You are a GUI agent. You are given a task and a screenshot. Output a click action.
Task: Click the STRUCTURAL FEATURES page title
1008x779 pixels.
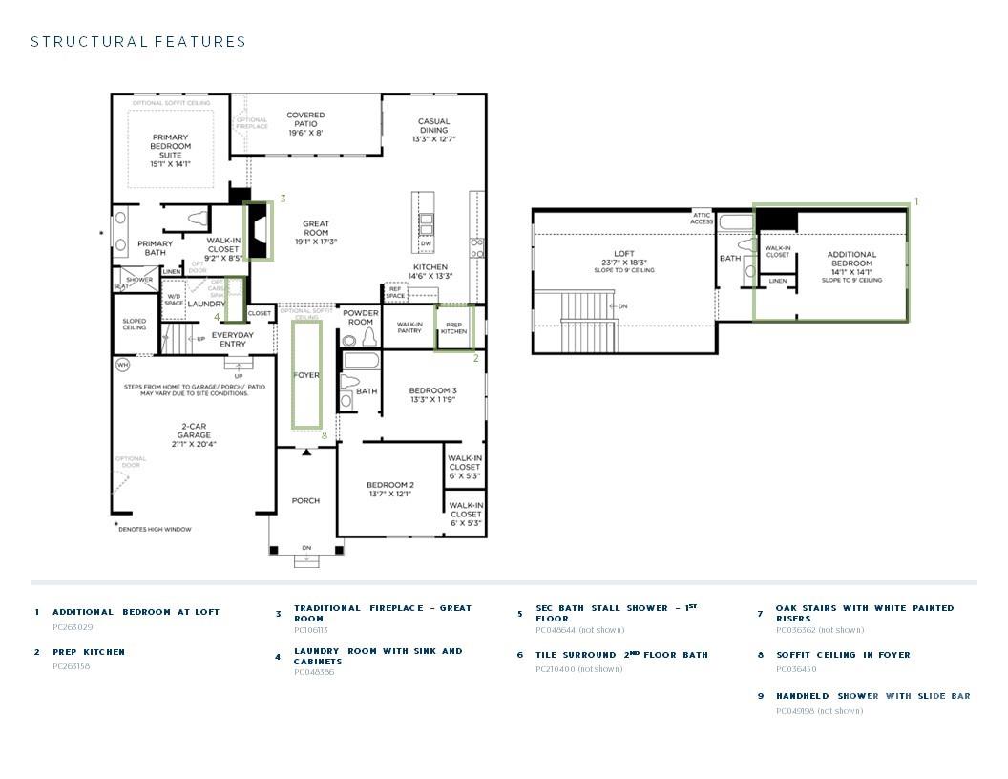click(138, 42)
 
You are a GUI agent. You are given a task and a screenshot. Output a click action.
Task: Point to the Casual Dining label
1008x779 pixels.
click(433, 130)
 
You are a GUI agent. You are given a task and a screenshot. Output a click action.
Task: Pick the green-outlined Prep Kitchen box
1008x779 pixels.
click(454, 327)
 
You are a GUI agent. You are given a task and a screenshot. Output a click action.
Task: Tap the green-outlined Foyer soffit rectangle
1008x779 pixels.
click(306, 374)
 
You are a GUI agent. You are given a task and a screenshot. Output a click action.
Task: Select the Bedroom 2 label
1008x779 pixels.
click(390, 489)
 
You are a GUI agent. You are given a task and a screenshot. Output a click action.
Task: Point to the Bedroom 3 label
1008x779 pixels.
click(432, 395)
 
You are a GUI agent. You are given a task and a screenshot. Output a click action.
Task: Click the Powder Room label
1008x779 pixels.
click(360, 318)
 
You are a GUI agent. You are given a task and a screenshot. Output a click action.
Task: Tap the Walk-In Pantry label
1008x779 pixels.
click(409, 327)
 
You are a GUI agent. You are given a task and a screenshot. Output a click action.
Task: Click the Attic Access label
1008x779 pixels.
click(702, 219)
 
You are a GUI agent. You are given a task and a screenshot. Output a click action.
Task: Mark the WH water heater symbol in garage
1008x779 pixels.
click(122, 365)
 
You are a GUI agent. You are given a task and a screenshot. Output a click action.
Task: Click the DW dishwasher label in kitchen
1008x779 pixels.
click(426, 244)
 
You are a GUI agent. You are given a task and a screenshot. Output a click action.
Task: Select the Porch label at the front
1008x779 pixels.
click(305, 500)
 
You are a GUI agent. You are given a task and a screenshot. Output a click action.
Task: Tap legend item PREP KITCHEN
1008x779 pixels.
click(89, 652)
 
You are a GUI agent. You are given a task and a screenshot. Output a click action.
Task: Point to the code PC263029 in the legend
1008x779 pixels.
click(73, 627)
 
